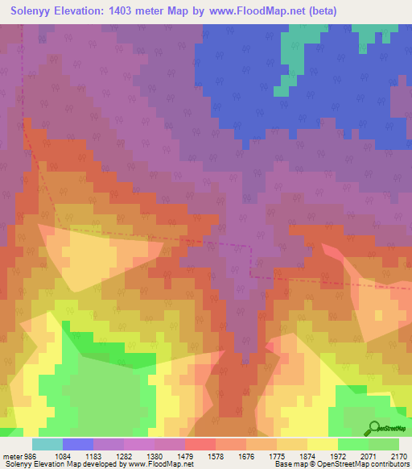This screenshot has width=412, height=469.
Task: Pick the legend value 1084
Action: tap(72, 455)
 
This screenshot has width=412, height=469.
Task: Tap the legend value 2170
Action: tap(400, 455)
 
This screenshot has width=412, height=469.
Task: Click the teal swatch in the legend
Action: tap(47, 444)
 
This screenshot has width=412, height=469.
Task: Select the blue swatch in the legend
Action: tap(78, 444)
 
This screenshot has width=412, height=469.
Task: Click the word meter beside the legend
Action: tap(10, 455)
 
